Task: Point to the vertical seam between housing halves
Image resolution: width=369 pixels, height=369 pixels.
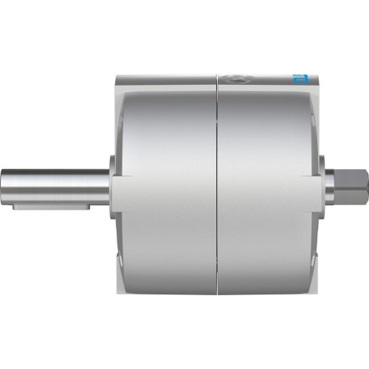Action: (217, 184)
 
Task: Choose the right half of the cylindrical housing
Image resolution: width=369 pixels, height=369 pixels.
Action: (269, 184)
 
